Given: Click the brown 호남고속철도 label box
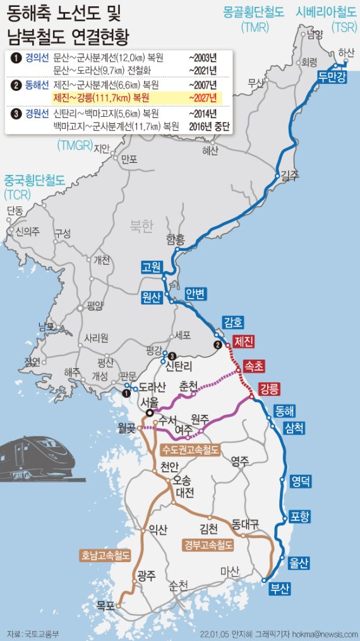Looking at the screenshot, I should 105,556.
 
